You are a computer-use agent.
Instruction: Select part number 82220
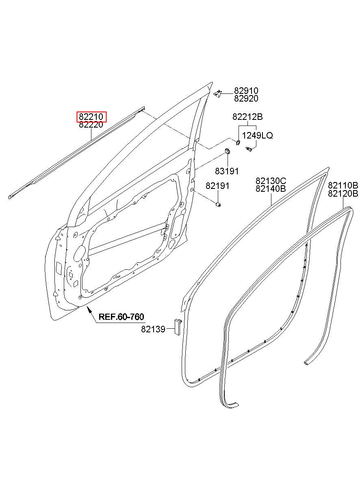[x=91, y=125]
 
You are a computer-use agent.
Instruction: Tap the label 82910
[x=246, y=91]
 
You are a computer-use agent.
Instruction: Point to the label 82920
[x=246, y=98]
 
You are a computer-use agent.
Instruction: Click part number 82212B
[x=247, y=117]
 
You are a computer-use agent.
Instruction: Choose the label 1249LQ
[x=257, y=136]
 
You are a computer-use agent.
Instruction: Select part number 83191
[x=226, y=171]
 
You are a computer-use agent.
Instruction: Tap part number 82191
[x=217, y=186]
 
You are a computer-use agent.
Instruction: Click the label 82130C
[x=271, y=181]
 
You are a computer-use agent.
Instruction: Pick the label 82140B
[x=271, y=189]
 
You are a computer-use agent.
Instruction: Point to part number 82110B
[x=343, y=185]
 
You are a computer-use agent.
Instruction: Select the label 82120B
[x=343, y=193]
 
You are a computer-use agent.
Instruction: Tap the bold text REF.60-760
[x=121, y=316]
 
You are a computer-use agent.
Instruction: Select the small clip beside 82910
[x=217, y=93]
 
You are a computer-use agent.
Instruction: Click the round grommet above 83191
[x=228, y=151]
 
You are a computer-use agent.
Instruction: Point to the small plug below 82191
[x=218, y=205]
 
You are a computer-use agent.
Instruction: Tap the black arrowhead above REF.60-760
[x=89, y=310]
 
